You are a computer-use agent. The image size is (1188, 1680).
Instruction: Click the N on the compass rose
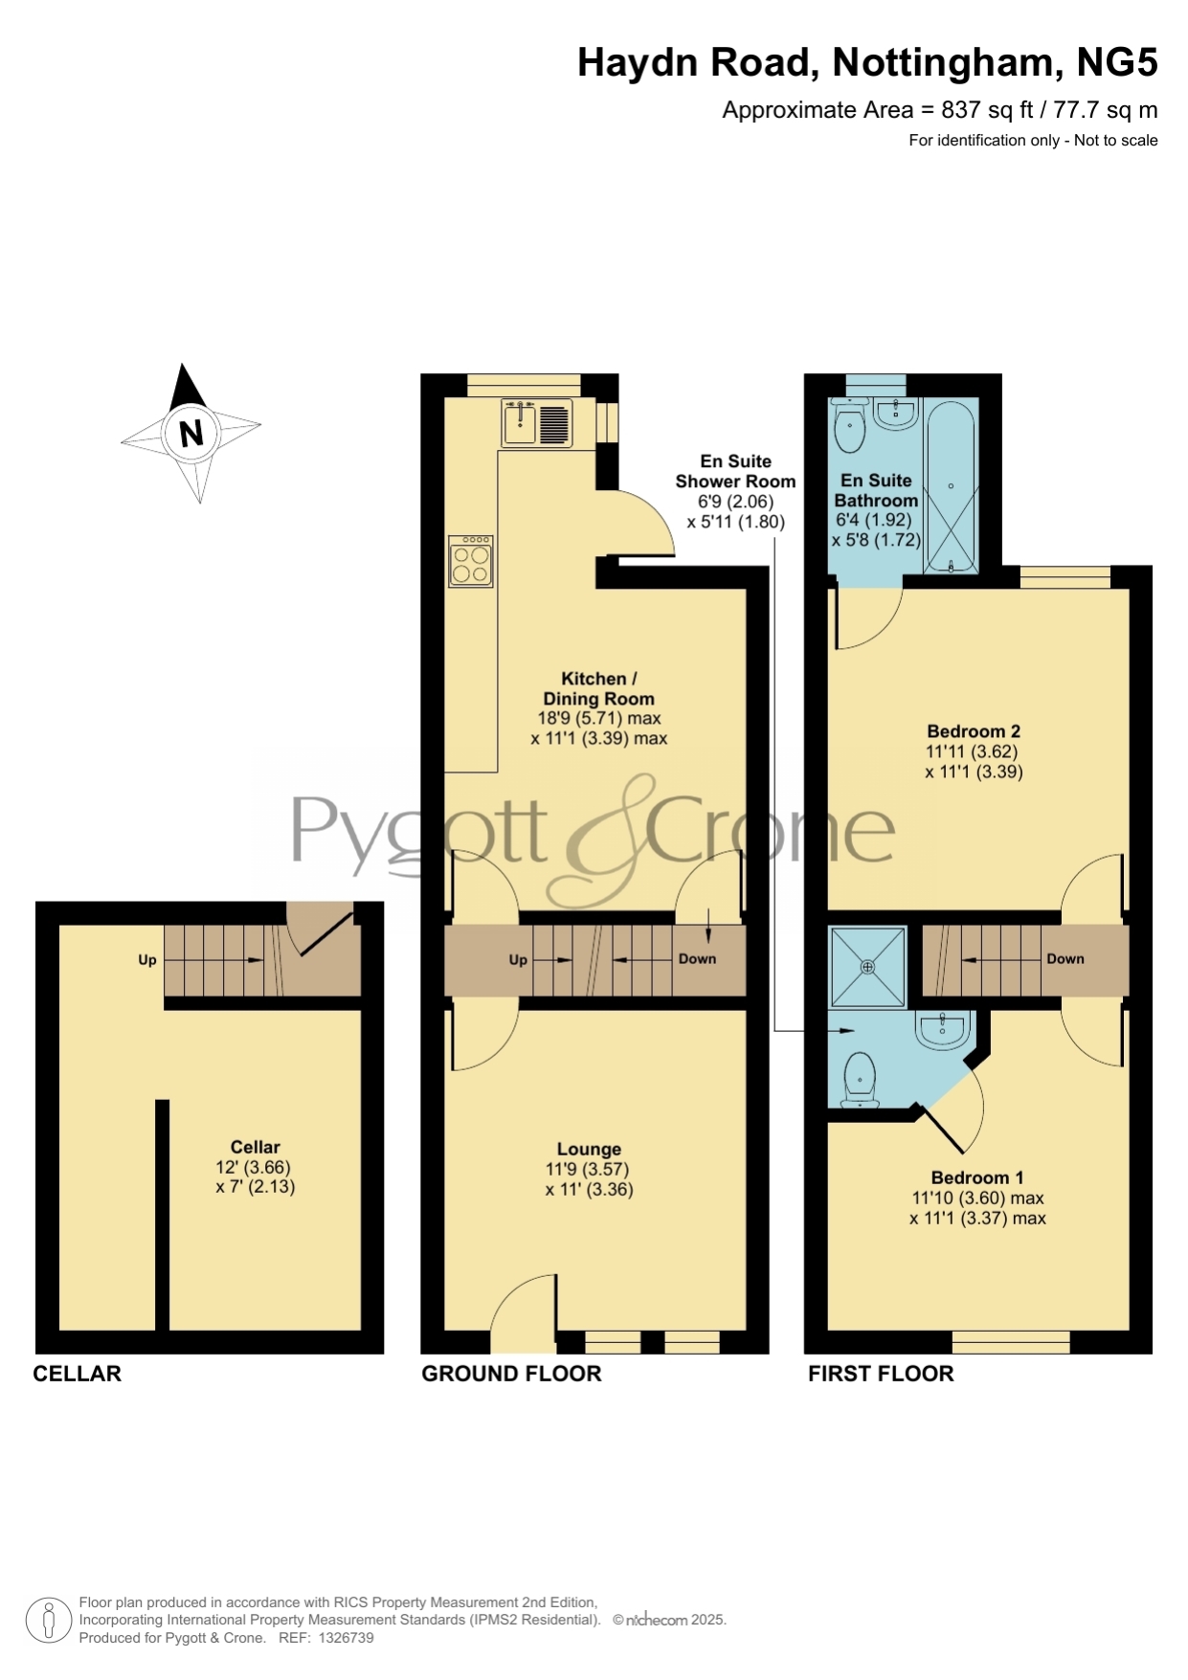[192, 434]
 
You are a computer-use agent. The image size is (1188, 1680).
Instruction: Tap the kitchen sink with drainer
[536, 423]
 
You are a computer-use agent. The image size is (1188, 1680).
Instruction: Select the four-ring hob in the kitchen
[471, 561]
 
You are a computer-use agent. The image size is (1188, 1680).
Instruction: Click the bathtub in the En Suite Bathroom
[951, 486]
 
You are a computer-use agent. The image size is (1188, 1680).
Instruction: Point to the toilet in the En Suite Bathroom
[849, 425]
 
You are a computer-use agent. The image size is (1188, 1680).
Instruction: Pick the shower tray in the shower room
[868, 967]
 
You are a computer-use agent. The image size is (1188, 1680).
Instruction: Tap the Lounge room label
[589, 1149]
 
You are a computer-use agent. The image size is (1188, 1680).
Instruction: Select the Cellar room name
[255, 1147]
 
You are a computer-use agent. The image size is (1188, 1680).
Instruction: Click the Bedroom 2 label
[974, 731]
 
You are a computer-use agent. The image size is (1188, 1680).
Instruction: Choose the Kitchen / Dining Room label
[599, 688]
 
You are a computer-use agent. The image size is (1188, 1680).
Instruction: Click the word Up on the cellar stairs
[147, 959]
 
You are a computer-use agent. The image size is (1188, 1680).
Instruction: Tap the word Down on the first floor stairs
[1065, 958]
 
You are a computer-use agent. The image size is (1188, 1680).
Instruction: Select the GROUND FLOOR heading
[511, 1374]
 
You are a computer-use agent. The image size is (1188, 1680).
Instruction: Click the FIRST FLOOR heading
[881, 1374]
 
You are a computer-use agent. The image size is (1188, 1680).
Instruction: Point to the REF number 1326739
[345, 1638]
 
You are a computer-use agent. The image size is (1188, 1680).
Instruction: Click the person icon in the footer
[48, 1621]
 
